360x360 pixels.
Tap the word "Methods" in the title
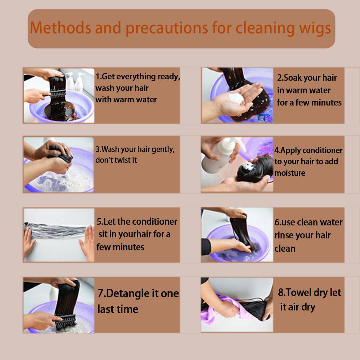pos(60,28)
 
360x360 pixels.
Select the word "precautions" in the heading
pos(167,28)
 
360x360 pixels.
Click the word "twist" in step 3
pos(123,160)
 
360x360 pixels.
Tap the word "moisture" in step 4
pos(290,173)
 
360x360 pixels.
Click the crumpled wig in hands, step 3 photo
pos(60,153)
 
